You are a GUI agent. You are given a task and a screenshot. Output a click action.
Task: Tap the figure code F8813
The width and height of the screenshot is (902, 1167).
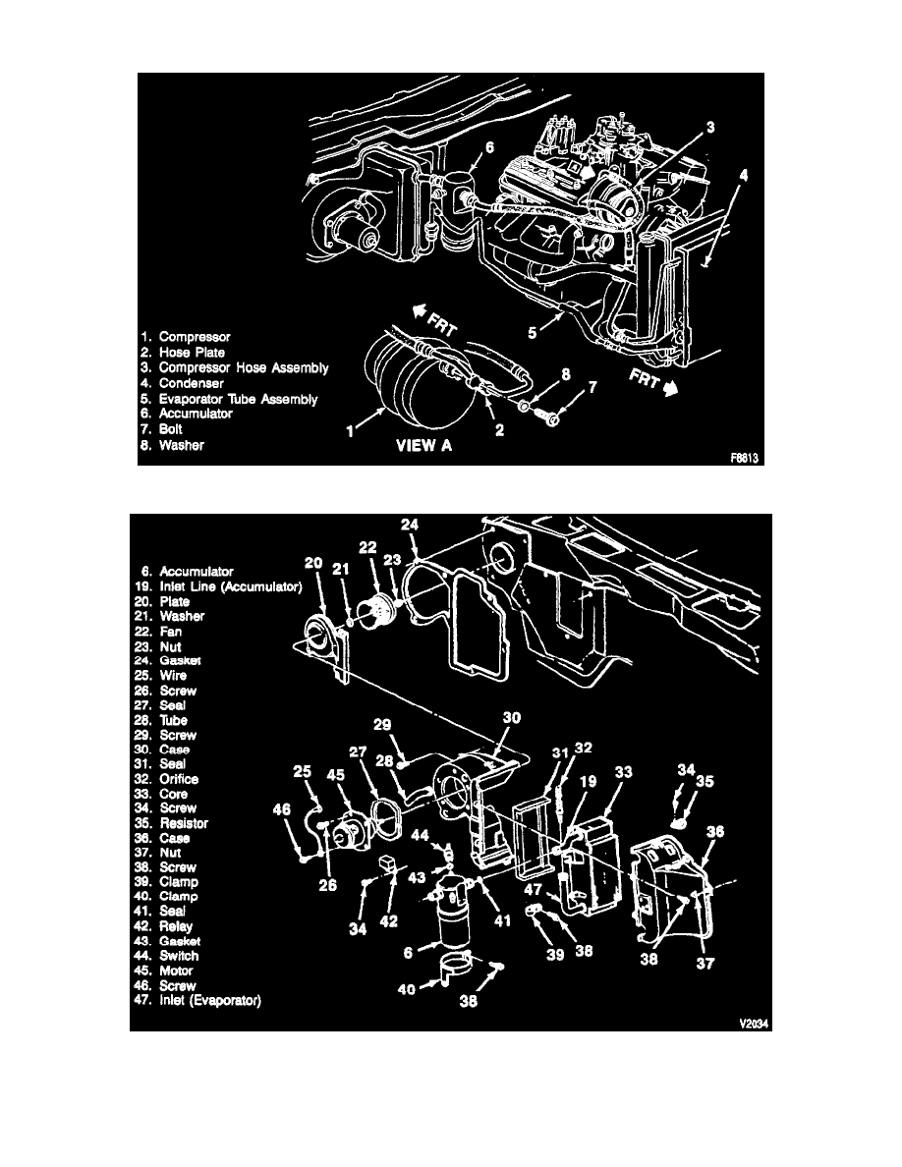(746, 458)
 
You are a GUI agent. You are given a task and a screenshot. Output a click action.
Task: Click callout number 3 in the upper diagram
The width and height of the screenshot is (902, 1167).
(709, 127)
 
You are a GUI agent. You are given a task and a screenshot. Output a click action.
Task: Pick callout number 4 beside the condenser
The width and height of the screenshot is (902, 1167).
(745, 176)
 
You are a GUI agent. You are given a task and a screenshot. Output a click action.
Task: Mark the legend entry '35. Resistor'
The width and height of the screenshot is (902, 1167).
(186, 823)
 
